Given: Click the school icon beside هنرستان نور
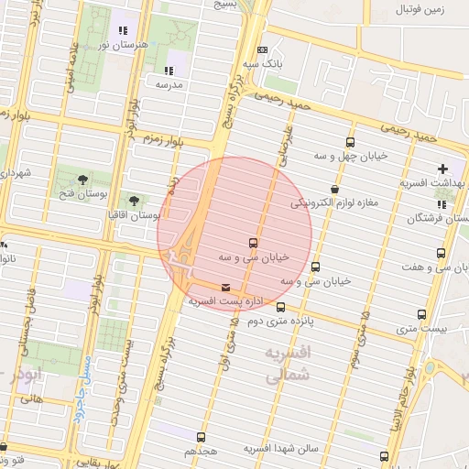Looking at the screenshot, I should pyautogui.click(x=123, y=30).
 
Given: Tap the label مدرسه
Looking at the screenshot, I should pyautogui.click(x=169, y=84).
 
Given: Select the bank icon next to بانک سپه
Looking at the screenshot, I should pyautogui.click(x=263, y=49).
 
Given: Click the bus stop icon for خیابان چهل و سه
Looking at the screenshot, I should pyautogui.click(x=350, y=142).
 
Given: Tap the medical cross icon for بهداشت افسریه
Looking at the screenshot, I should pyautogui.click(x=443, y=169).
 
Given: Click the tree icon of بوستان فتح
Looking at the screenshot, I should pyautogui.click(x=83, y=178).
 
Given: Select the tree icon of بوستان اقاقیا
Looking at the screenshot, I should pyautogui.click(x=135, y=200).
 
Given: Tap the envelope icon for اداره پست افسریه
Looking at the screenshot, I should pyautogui.click(x=226, y=288).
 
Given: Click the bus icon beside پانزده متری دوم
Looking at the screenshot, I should pyautogui.click(x=280, y=307).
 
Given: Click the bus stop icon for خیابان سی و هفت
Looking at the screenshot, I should pyautogui.click(x=442, y=253).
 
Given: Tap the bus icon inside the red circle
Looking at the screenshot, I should pyautogui.click(x=252, y=243).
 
